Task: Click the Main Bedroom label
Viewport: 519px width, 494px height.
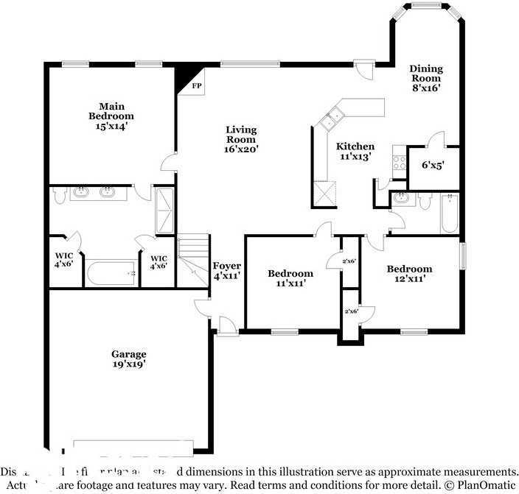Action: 111,116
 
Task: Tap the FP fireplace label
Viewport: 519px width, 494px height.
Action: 197,86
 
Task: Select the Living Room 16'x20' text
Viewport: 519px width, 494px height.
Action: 241,139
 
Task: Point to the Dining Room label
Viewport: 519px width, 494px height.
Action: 425,78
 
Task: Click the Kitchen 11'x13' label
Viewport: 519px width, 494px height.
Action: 355,151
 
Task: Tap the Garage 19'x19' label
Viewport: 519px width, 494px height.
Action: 129,359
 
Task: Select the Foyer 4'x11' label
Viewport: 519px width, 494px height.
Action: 227,271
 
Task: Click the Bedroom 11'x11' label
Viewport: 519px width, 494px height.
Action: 290,278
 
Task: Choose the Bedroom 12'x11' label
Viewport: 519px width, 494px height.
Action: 410,273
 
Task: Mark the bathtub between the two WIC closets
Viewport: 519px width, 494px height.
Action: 111,274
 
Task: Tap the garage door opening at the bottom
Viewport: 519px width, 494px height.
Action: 133,445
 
